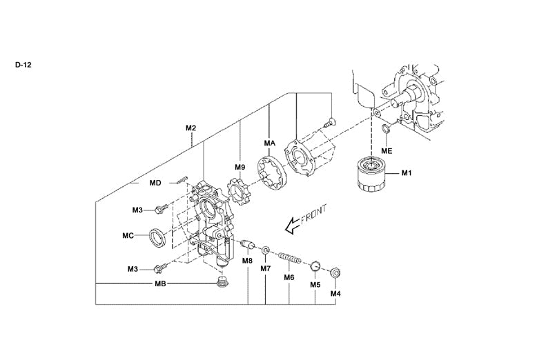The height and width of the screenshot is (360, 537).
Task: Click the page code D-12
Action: point(23,65)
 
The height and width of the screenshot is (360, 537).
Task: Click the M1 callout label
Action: point(407,172)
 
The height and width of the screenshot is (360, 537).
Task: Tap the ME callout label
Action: point(387,150)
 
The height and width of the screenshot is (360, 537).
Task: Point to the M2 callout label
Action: point(191,128)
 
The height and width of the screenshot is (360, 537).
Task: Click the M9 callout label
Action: point(240,167)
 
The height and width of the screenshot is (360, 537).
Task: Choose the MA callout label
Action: point(270,143)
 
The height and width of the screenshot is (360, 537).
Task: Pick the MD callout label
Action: point(155,183)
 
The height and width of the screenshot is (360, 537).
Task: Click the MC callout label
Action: point(128,235)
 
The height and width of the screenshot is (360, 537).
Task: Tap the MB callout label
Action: point(160,283)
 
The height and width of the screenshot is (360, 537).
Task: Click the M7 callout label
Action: point(266,268)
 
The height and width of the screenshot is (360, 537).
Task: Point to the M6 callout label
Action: point(289,277)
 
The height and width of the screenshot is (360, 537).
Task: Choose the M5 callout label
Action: point(315,284)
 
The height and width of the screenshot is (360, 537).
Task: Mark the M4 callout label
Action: point(336,294)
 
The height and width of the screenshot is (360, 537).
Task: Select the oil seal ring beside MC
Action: point(158,235)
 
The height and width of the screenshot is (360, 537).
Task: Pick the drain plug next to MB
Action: point(222,281)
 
